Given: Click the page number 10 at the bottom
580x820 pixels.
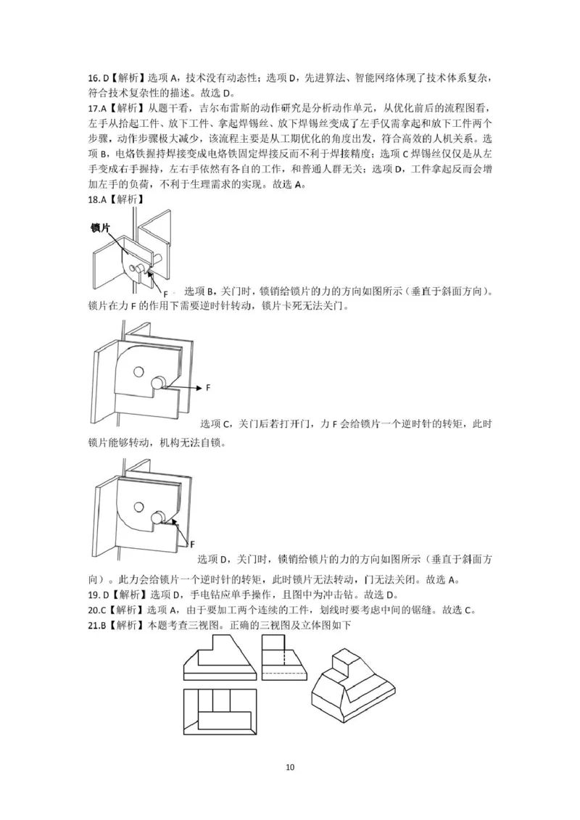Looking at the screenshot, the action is point(290,767).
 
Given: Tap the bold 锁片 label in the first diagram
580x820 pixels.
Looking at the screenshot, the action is point(101,228).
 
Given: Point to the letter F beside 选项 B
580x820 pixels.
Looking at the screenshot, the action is point(165,293).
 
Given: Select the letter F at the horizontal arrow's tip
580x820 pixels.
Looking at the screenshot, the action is point(208,388).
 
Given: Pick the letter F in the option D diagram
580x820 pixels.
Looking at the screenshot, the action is point(193,542).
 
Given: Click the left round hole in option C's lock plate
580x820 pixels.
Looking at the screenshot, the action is point(138,372).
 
